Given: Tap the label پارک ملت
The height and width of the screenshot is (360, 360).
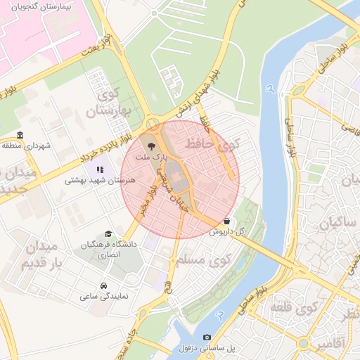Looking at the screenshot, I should click(x=153, y=159).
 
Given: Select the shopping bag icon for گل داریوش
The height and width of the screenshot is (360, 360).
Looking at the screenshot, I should click(x=226, y=221).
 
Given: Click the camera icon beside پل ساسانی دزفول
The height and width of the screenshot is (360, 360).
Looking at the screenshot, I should click(x=207, y=337).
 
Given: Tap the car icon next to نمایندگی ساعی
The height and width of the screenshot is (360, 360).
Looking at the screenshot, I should click(x=103, y=285).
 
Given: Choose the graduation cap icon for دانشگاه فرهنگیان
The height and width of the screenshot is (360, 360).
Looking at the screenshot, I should click(x=108, y=233).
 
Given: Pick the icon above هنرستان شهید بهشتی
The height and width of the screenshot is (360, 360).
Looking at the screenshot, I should click(x=100, y=169).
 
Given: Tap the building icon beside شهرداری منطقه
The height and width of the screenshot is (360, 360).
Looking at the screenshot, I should click(x=20, y=135).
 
